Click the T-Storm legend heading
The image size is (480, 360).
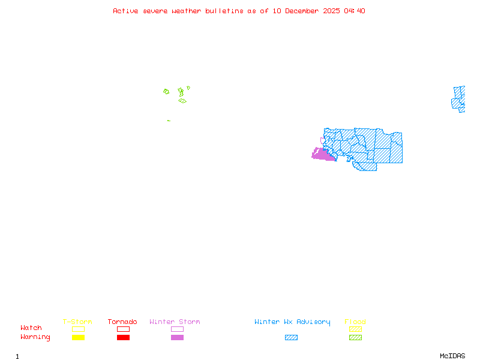pos(77,322)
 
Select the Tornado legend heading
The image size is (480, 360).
pos(122,322)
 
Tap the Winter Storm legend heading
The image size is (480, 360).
pos(175,322)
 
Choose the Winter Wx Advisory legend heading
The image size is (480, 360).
pos(292,322)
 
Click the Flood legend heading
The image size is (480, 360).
pos(355,322)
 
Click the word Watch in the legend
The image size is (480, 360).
pos(31,328)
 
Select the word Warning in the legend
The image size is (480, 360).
pos(35,337)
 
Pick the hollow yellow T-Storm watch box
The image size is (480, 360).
pos(78,329)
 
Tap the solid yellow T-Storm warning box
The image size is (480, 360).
pos(78,338)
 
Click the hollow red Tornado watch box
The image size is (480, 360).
pos(123,329)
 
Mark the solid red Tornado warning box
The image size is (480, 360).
pos(123,338)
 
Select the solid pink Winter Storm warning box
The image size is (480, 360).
pos(177,338)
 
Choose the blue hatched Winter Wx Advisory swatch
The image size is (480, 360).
pos(291,338)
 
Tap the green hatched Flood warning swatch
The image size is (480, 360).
pos(355,338)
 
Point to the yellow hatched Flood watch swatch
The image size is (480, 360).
pos(355,329)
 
